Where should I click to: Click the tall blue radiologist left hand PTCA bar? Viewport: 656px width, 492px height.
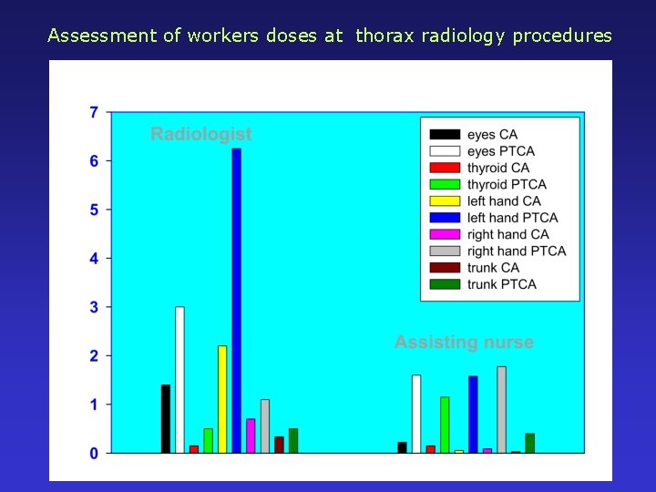point(236,301)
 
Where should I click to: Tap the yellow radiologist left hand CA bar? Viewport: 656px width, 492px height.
point(222,399)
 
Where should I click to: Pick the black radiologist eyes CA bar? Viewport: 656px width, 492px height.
point(166,418)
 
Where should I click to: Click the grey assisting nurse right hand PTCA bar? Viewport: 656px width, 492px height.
point(501,409)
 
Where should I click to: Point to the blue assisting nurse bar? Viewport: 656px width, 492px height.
point(473,414)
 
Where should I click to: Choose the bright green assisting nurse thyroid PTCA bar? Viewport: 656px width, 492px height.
point(445,425)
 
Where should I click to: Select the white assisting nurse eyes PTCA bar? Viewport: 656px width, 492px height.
point(416,414)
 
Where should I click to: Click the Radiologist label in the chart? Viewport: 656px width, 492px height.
point(200,135)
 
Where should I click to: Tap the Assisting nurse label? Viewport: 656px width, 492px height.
point(464,343)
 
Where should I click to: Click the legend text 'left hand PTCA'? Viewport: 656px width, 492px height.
point(512,218)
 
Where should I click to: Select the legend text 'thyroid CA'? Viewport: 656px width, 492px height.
point(497,168)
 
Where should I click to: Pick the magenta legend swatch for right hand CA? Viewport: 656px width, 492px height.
point(445,234)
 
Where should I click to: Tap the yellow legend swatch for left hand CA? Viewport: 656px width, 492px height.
point(445,201)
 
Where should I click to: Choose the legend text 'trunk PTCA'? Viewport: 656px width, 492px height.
point(502,284)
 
